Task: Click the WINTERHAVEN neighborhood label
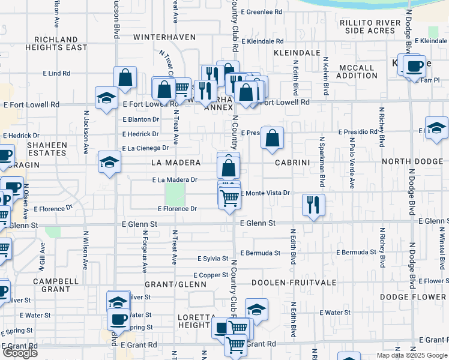(x=164, y=37)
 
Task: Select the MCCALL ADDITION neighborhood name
(x=357, y=71)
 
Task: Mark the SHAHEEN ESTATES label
(x=45, y=149)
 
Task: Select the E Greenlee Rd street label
(x=261, y=11)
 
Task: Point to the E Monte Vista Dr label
(x=265, y=193)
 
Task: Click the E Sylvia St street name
(x=213, y=259)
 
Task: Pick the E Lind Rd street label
(x=56, y=73)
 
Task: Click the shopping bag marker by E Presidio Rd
(x=273, y=138)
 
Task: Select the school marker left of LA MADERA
(x=109, y=162)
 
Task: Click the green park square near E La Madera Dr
(x=175, y=193)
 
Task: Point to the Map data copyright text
(x=411, y=355)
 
